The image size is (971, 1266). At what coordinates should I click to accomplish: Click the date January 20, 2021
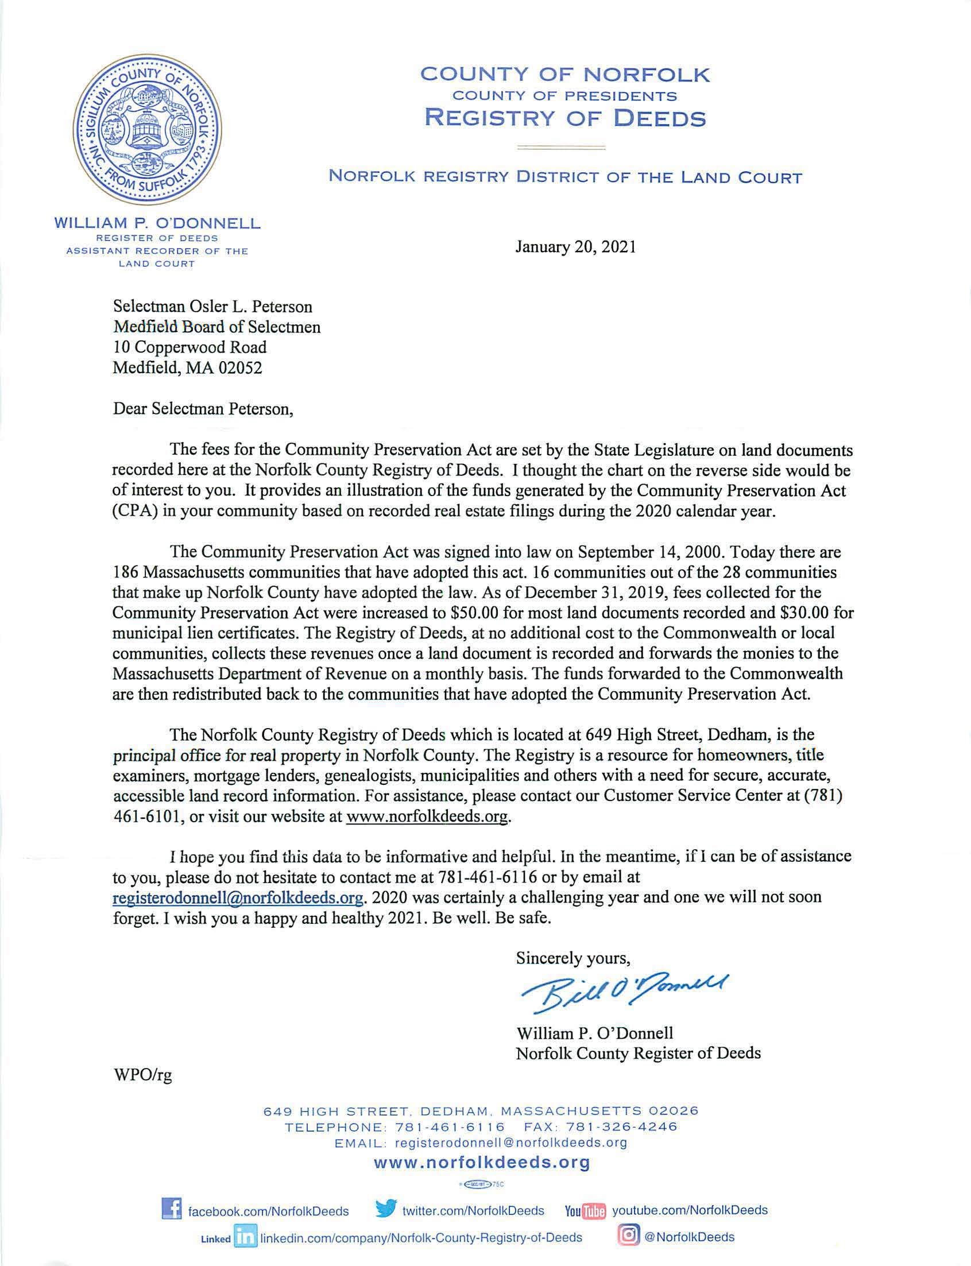click(x=576, y=247)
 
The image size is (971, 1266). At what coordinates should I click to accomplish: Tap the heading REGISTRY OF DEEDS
click(x=565, y=118)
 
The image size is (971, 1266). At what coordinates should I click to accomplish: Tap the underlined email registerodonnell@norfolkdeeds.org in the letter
click(x=238, y=897)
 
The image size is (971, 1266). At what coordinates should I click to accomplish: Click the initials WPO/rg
click(x=143, y=1075)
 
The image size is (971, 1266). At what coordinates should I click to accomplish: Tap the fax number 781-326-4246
click(x=622, y=1126)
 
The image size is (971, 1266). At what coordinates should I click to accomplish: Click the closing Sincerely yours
click(x=572, y=959)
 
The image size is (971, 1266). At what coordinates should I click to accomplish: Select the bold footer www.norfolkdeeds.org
click(x=482, y=1163)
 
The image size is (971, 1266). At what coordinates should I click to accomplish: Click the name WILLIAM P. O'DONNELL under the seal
click(x=157, y=223)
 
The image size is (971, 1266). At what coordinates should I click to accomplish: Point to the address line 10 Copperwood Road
click(x=189, y=348)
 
